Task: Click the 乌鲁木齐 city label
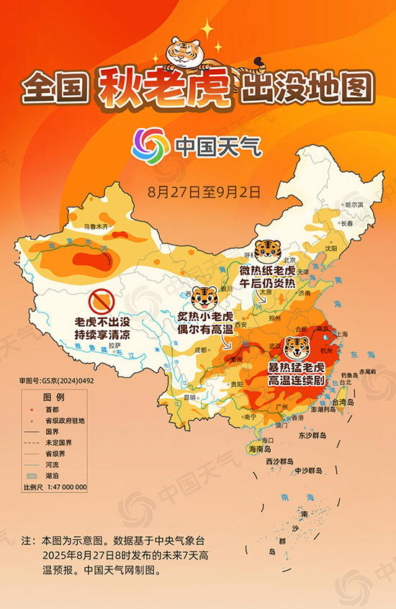95,226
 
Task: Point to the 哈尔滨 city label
355,205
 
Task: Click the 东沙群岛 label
311,436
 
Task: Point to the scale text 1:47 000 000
64,487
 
